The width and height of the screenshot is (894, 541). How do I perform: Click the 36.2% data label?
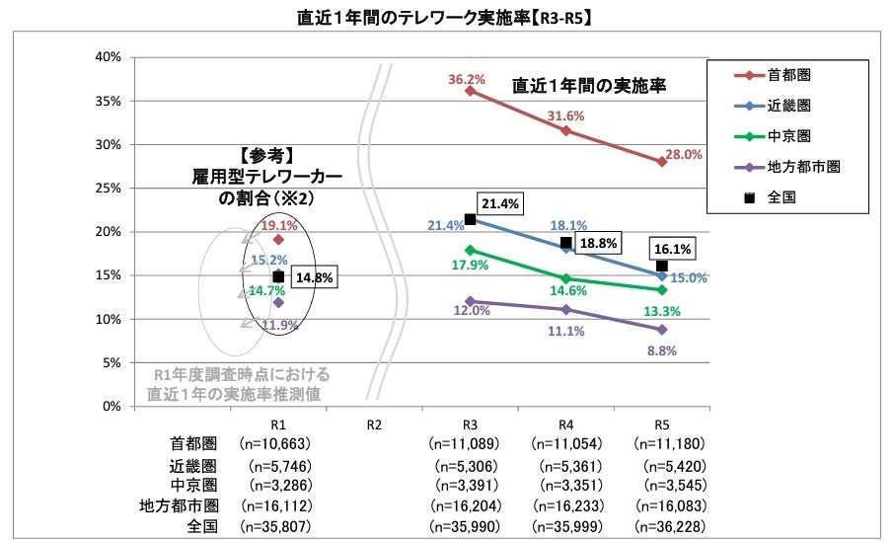tap(468, 80)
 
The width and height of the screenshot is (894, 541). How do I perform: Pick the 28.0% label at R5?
tap(685, 155)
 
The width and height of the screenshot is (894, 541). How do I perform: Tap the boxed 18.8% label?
tap(596, 243)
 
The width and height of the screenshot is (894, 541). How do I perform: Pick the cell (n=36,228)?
tap(662, 525)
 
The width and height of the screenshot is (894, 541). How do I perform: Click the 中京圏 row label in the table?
tap(194, 485)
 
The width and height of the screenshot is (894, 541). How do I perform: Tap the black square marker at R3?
tap(470, 219)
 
